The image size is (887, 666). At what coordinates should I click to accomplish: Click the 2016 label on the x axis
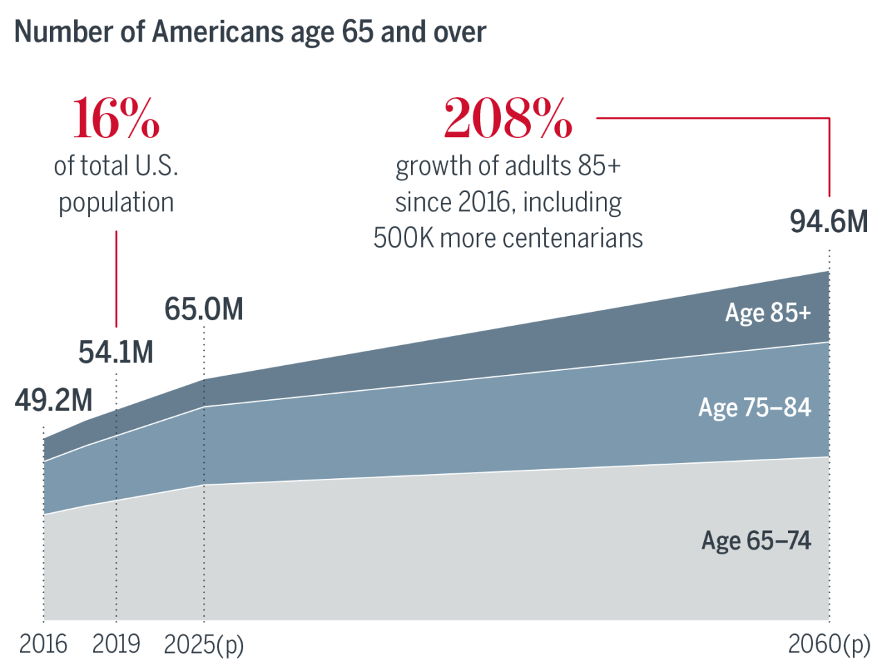click(x=43, y=645)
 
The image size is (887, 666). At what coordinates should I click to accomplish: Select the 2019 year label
click(x=116, y=645)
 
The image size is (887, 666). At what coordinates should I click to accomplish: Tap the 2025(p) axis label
click(x=204, y=645)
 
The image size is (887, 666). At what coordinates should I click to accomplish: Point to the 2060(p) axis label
click(x=829, y=645)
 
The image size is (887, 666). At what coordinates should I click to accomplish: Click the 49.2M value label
click(x=53, y=401)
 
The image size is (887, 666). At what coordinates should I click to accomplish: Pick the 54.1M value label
click(x=116, y=352)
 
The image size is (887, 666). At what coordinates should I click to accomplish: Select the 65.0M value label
click(x=204, y=309)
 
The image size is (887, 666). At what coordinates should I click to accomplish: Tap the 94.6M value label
click(x=829, y=222)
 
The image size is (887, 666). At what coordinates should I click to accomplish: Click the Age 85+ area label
click(x=768, y=313)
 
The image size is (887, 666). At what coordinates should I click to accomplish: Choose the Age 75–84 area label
click(x=755, y=408)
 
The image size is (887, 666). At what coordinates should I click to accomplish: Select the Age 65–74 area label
click(x=756, y=541)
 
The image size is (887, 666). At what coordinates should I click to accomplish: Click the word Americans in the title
click(x=218, y=32)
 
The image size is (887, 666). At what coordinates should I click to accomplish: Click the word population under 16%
click(x=116, y=203)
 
